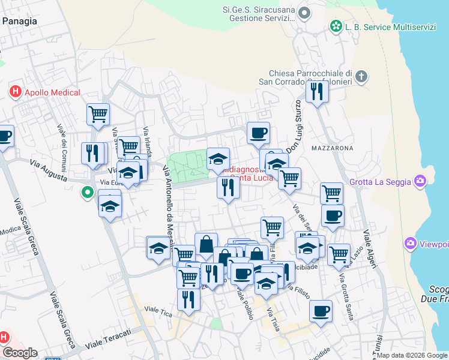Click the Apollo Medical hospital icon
tap(16, 92)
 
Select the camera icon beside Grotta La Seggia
tap(420, 180)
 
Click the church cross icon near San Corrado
tap(361, 76)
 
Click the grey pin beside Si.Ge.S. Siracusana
tap(305, 12)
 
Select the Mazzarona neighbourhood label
tap(332, 147)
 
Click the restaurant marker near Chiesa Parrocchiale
tap(315, 91)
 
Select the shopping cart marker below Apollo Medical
tap(98, 113)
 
